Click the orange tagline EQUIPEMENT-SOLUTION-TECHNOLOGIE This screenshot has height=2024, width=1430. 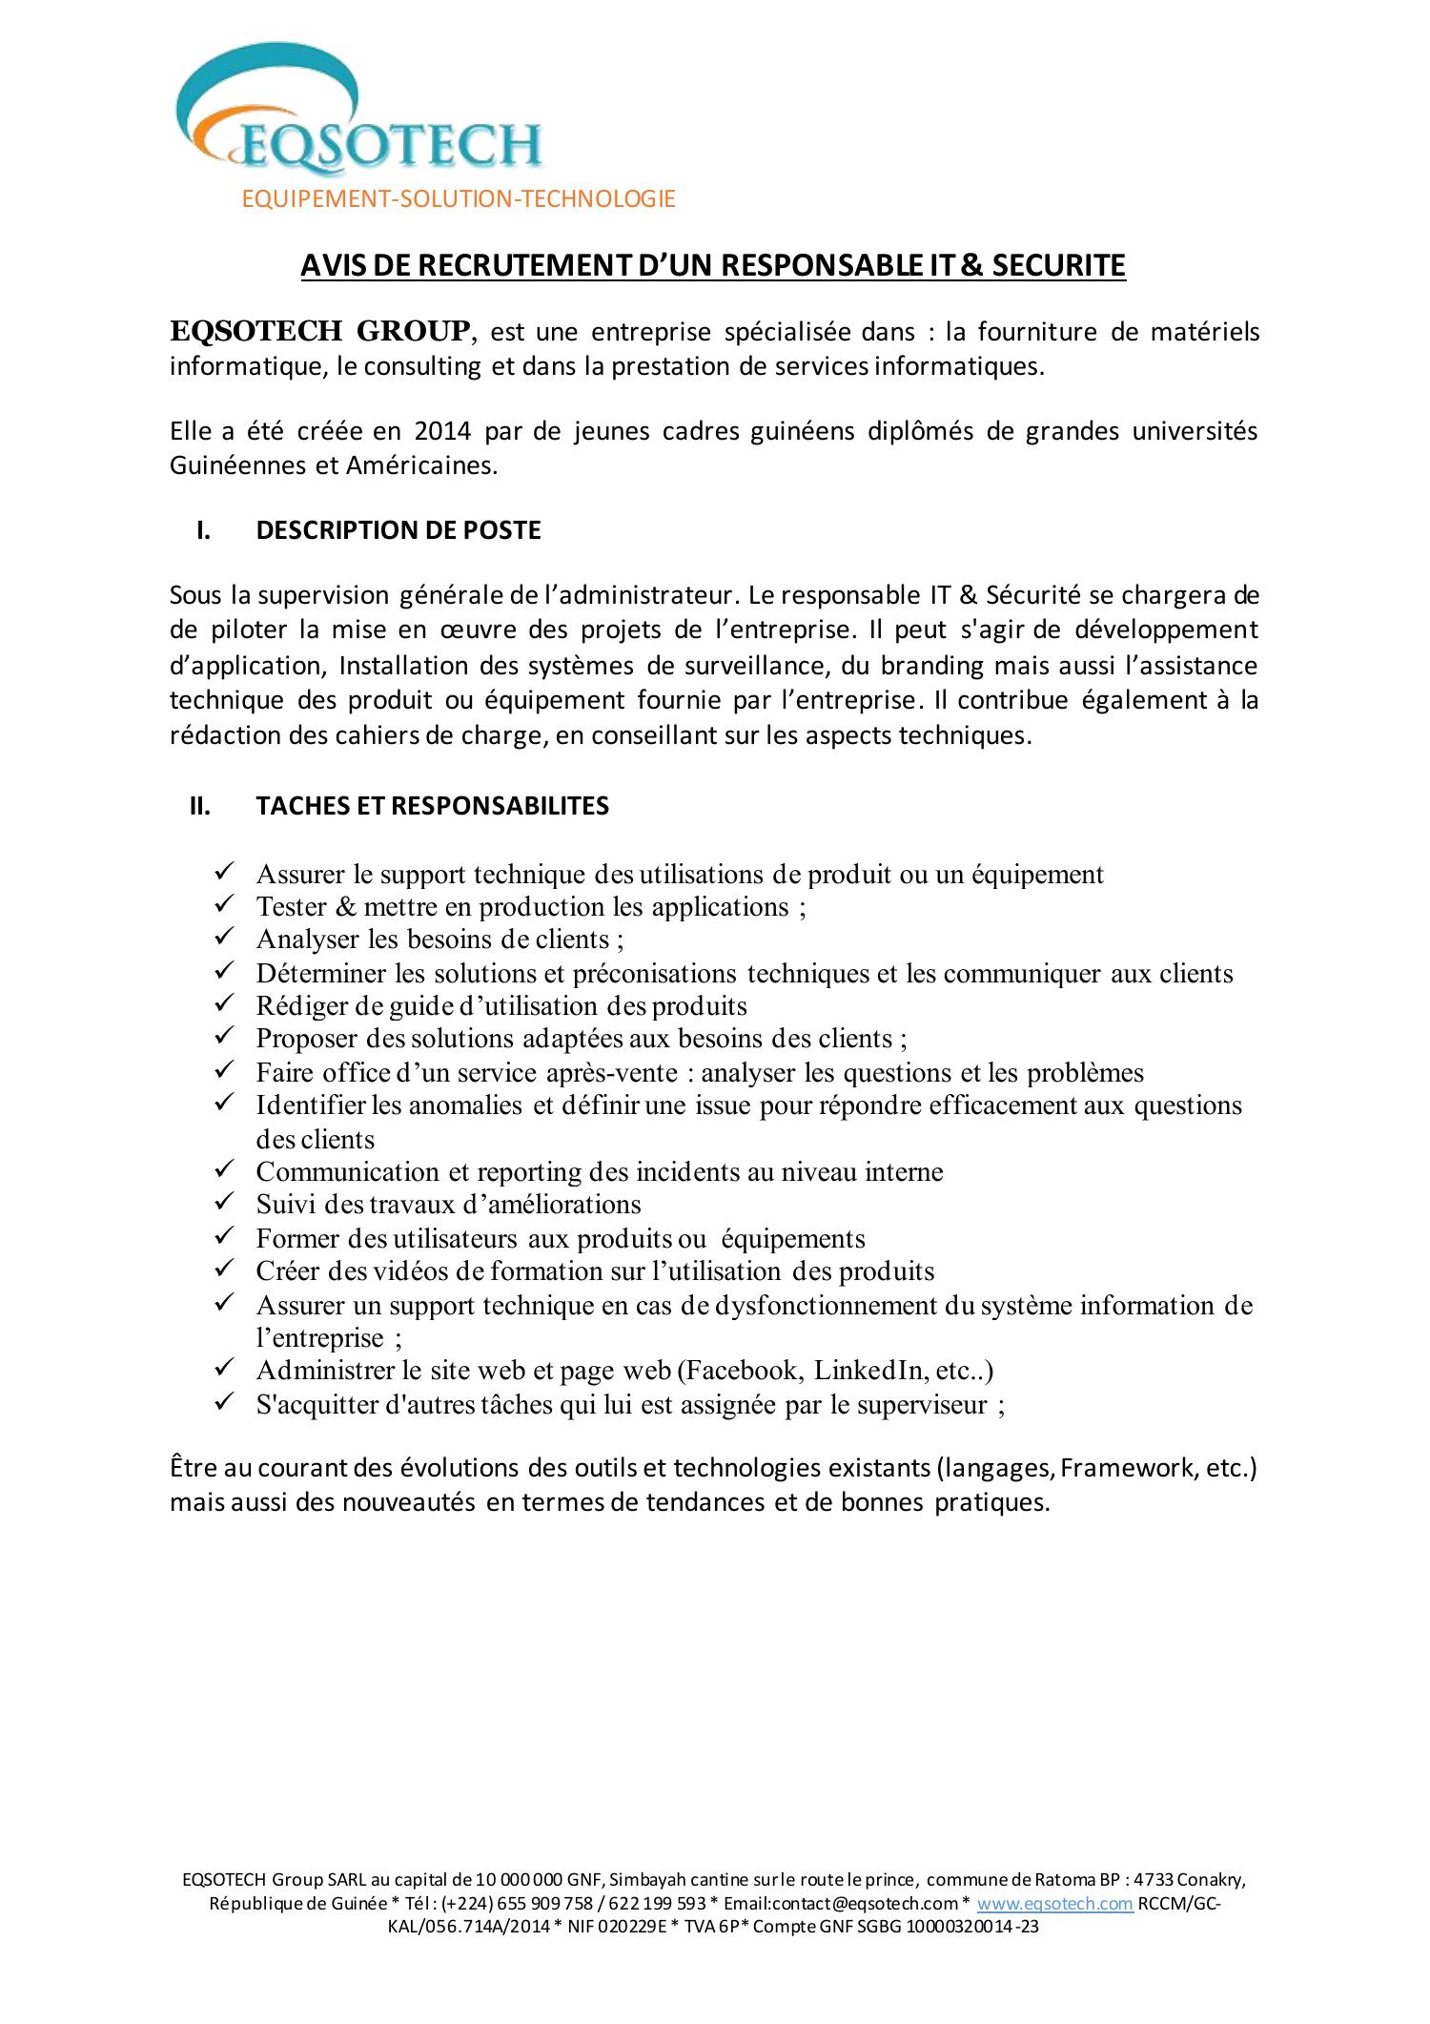coord(459,198)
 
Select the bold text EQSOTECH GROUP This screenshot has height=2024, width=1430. coord(320,331)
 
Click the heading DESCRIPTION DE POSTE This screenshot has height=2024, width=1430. coord(398,530)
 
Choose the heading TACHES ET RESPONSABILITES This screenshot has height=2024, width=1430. coord(432,806)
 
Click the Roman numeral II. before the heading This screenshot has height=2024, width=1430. coord(199,806)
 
